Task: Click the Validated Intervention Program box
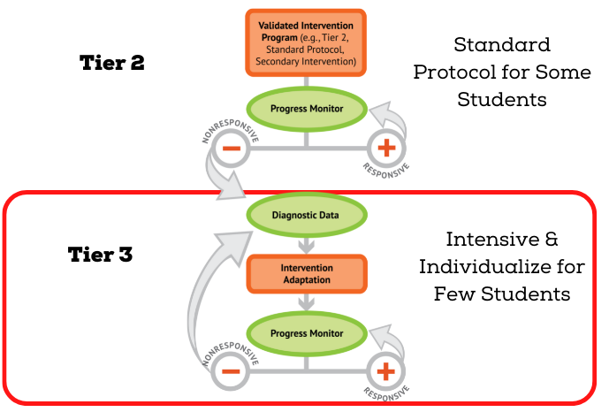[305, 42]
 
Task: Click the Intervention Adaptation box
[305, 272]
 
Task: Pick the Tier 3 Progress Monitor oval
[305, 333]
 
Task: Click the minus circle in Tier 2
[230, 148]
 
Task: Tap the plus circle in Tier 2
[385, 148]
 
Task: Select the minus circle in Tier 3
[230, 372]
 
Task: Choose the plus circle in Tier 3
[385, 372]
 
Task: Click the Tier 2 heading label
[113, 64]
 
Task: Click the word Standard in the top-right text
[501, 44]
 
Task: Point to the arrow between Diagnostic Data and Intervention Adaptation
[305, 242]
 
